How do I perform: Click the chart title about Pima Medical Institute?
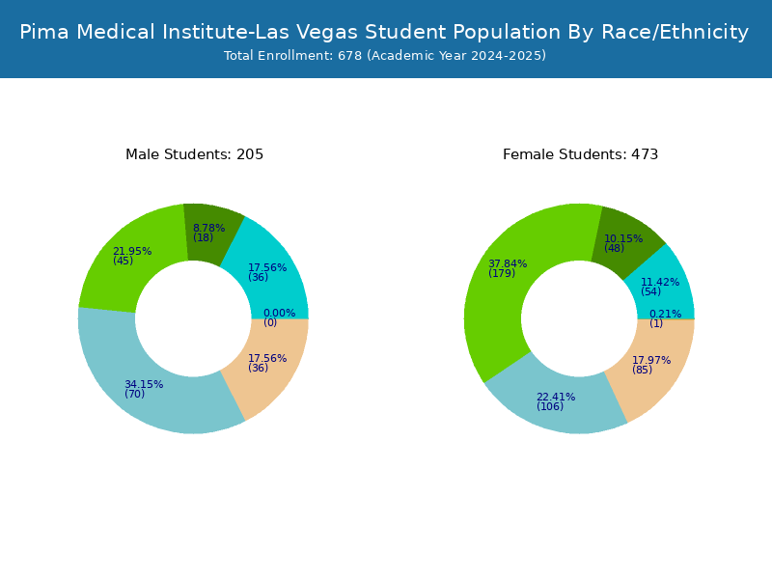pyautogui.click(x=384, y=32)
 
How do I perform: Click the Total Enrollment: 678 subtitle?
pyautogui.click(x=385, y=55)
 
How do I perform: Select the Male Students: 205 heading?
pyautogui.click(x=195, y=154)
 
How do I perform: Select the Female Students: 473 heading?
pyautogui.click(x=581, y=154)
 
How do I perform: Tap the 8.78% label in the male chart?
pyautogui.click(x=208, y=228)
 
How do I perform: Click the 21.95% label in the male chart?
pyautogui.click(x=132, y=251)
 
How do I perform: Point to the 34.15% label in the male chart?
pyautogui.click(x=144, y=384)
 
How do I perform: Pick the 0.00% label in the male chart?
pyautogui.click(x=279, y=313)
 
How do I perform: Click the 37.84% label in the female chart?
pyautogui.click(x=508, y=263)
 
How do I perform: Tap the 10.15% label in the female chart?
pyautogui.click(x=623, y=238)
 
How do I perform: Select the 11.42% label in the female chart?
pyautogui.click(x=660, y=282)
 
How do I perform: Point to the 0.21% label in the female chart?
pyautogui.click(x=665, y=315)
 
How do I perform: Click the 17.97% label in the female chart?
pyautogui.click(x=651, y=360)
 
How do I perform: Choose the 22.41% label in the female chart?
pyautogui.click(x=556, y=397)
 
